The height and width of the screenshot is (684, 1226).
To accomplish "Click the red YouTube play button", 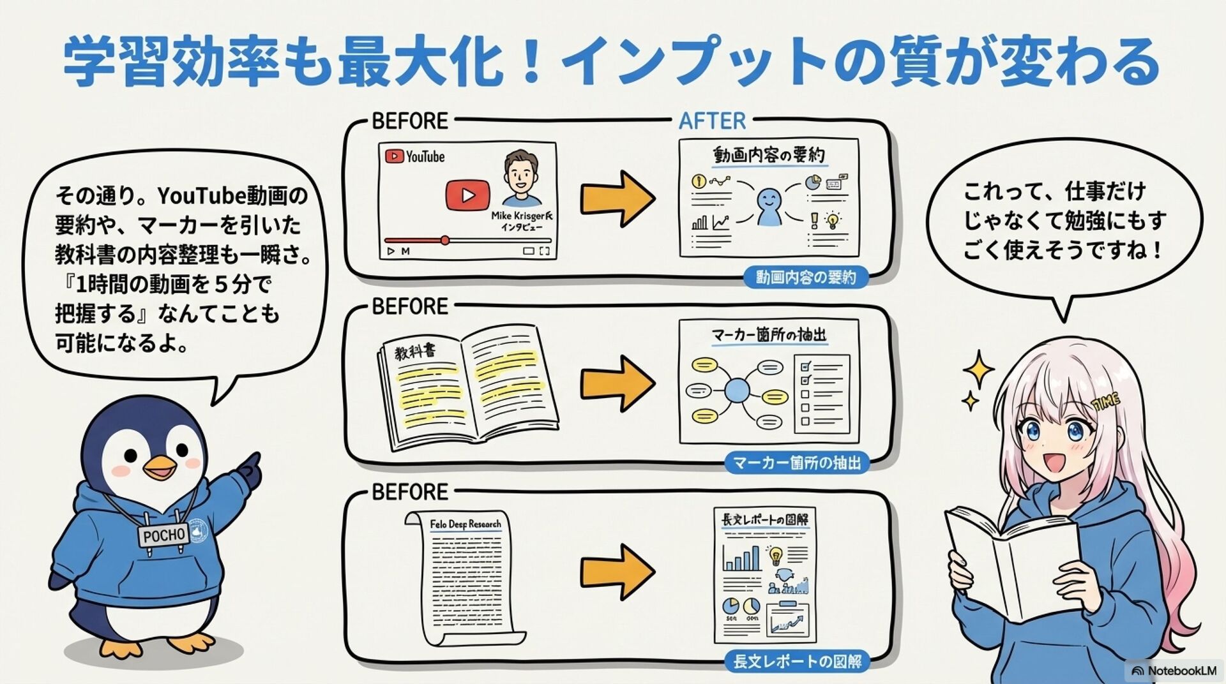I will [467, 195].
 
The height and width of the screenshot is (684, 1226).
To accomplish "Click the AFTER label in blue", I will [712, 121].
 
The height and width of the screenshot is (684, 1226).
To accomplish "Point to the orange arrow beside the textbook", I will [617, 383].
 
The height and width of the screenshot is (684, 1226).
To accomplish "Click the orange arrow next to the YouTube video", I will [617, 198].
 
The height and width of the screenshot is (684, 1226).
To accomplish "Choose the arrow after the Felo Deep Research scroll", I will [617, 571].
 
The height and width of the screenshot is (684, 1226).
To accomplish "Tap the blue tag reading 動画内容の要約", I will [806, 278].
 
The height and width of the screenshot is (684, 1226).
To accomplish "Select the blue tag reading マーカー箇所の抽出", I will [797, 463].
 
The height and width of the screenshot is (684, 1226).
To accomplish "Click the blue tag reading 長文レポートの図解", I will [797, 662].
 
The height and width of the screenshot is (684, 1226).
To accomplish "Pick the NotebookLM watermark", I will [1174, 671].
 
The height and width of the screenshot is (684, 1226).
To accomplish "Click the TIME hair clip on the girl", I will [1106, 403].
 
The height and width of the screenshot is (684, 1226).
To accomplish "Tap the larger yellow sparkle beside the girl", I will [978, 369].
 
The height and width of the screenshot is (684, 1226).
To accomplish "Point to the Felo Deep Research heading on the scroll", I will [465, 524].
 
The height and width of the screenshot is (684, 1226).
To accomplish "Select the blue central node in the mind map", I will [737, 390].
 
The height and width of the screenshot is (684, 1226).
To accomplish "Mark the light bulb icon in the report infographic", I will [775, 555].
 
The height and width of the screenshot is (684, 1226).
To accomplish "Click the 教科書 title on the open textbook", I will [415, 351].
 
